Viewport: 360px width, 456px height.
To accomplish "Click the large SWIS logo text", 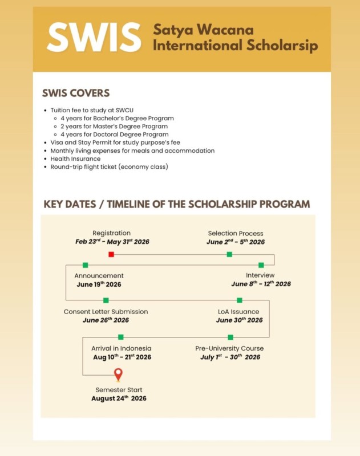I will click(94, 38).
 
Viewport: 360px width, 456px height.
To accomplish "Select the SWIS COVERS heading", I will click(76, 93).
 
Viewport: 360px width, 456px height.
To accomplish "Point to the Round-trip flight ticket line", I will click(109, 166).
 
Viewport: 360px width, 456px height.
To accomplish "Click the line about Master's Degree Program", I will click(114, 126).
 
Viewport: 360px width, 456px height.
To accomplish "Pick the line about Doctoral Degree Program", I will click(114, 135).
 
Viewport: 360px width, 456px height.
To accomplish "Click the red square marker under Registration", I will click(111, 254).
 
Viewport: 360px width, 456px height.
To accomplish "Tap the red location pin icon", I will click(118, 374).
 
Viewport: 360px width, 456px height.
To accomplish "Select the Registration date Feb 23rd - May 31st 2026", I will click(112, 242).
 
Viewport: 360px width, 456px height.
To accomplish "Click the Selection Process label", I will click(236, 233).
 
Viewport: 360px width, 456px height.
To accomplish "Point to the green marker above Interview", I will click(261, 265).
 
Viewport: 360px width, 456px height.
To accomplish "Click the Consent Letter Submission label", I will click(106, 312).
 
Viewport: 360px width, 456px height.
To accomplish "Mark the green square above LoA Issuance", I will click(240, 300).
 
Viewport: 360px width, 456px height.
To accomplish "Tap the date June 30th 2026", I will click(239, 320).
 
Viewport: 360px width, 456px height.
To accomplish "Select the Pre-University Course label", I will click(229, 348).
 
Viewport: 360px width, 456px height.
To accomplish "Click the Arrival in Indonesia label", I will click(121, 348).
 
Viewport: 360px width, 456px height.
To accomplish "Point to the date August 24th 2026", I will click(119, 398).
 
